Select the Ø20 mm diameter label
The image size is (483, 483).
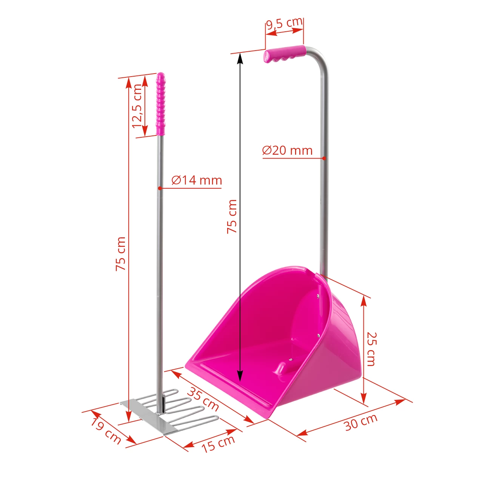point(288,150)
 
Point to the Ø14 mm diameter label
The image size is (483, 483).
point(197,180)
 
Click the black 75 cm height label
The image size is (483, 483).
point(232,216)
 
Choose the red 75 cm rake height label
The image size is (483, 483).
point(120,254)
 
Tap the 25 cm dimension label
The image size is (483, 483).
point(371,349)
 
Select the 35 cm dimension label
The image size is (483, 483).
point(203,399)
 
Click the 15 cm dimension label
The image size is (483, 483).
point(218,443)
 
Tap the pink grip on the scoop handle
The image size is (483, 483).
point(285,54)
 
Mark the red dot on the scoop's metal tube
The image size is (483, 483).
point(324,158)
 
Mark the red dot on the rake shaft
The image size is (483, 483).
point(160,188)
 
